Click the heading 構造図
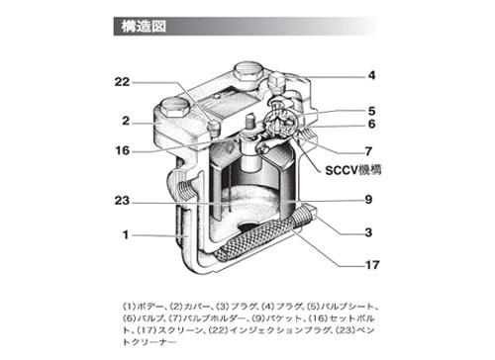tap(144, 26)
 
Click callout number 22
tap(122, 82)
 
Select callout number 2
tap(126, 121)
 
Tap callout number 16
tap(123, 150)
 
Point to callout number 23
tap(122, 201)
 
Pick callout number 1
tap(126, 234)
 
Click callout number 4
tap(372, 75)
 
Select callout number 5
tap(372, 111)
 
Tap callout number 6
tap(372, 124)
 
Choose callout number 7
tap(368, 151)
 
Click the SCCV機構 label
tap(353, 170)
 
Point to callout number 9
tap(368, 200)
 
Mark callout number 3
tap(368, 232)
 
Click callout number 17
tap(372, 265)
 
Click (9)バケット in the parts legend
tap(277, 318)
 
